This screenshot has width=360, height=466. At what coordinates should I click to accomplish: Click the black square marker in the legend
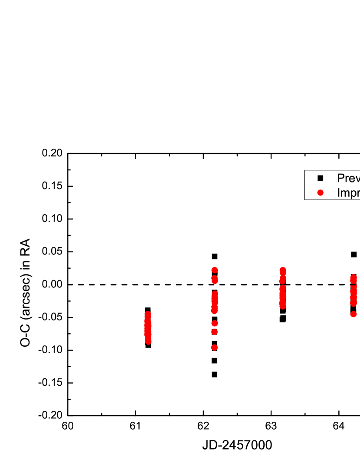pos(321,178)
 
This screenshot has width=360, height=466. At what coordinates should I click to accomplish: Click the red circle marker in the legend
pos(321,192)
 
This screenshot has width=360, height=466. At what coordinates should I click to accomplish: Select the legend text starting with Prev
pos(348,178)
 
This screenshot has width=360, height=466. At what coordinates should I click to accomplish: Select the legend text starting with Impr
pos(348,192)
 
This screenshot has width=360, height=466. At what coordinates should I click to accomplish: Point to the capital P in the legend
pos(341,178)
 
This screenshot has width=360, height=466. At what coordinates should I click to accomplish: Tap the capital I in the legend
pos(339,192)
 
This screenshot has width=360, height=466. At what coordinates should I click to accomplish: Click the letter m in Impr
pos(345,193)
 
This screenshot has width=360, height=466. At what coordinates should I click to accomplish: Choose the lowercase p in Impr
pos(353,194)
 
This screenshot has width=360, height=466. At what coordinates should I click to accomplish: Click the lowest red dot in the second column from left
pos(214,347)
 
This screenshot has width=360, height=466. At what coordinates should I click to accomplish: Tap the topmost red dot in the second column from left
pos(214,270)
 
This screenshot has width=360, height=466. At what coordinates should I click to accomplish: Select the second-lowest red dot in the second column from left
pos(214,332)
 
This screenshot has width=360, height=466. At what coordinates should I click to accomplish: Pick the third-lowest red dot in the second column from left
pos(214,323)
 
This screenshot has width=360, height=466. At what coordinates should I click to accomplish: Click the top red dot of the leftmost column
pos(148,314)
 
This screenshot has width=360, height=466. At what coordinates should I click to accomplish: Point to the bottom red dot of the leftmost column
pos(148,342)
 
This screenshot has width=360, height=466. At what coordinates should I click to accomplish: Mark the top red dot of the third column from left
pos(283,270)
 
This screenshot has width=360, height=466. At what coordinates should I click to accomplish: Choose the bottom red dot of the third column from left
pos(283,306)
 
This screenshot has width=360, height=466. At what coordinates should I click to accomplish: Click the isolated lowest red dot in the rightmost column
pos(353,314)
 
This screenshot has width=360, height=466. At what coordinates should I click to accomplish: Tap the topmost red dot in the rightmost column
pos(353,277)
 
